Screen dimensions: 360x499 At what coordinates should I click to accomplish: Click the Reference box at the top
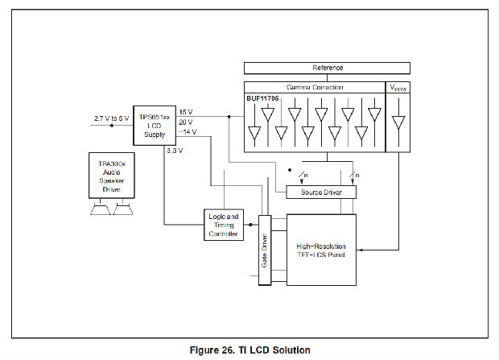point(327,68)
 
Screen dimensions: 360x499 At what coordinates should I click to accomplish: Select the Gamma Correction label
point(315,87)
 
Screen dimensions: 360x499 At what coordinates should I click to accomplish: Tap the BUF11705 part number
point(262,98)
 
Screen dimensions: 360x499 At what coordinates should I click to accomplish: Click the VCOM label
point(398,87)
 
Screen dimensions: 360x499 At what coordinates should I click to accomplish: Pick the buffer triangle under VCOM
point(398,122)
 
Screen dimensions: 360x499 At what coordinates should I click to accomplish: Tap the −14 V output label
point(187,131)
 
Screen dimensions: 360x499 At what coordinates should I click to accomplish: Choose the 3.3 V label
point(174,150)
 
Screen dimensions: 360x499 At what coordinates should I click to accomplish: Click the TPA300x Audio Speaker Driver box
point(111,177)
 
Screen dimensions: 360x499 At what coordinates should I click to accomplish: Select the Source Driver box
point(320,193)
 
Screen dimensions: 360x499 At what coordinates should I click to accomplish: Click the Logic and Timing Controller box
point(223,225)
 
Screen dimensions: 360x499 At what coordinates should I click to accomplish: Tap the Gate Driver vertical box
point(263,250)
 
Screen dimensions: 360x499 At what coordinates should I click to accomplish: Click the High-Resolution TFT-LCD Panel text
point(321,250)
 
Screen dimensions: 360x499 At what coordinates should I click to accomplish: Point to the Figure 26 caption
point(249,350)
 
